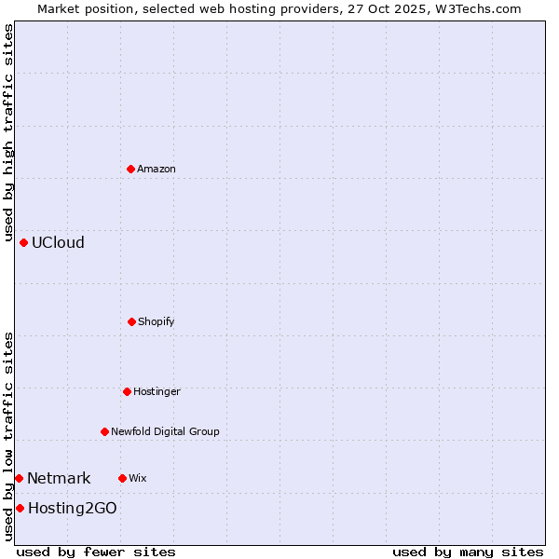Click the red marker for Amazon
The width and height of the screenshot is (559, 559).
pos(130,169)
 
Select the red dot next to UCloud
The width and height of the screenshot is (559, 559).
pos(23,242)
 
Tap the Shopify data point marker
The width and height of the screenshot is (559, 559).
pos(131,321)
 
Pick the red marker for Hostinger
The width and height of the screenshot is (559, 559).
pos(127,391)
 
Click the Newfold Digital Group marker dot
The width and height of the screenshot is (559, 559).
pos(104,431)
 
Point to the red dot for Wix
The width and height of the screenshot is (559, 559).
pos(122,478)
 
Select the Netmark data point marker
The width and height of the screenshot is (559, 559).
pos(19,478)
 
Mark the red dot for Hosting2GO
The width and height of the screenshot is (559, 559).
pos(20,508)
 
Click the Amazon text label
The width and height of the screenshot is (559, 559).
pos(157,169)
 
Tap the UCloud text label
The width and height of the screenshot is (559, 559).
pos(58,242)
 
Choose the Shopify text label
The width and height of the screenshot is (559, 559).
pos(157,321)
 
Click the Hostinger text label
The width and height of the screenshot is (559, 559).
pos(157,391)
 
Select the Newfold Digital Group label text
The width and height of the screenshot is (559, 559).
pos(165,431)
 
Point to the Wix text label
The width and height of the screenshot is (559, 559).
pos(138,478)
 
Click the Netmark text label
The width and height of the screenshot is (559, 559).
pos(59,478)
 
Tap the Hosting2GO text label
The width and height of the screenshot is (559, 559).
pos(73,508)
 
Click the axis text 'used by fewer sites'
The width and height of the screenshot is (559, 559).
pos(96,552)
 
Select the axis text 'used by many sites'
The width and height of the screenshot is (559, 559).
pos(468,552)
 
